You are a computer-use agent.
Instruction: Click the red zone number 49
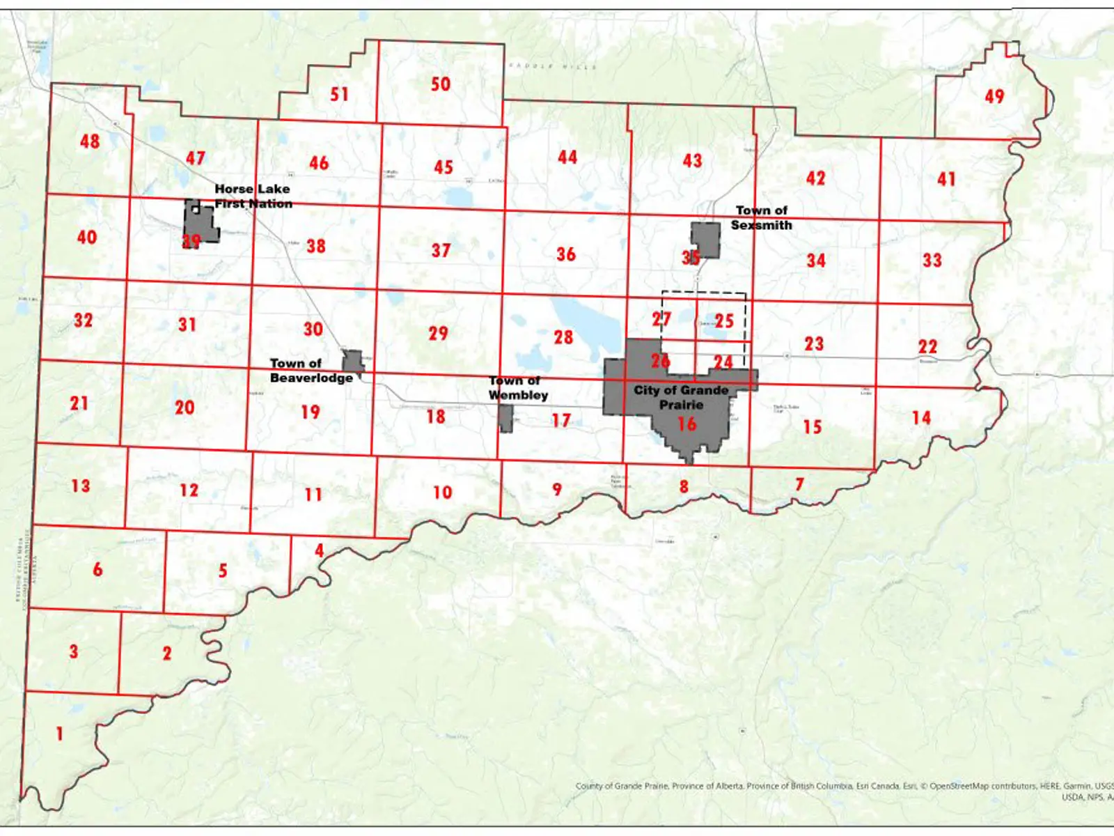click(994, 97)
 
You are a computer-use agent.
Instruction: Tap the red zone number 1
click(60, 733)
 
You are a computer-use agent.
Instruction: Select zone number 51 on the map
click(339, 94)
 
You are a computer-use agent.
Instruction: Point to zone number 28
click(563, 337)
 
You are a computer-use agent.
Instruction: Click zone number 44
click(567, 157)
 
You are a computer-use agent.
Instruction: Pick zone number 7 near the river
click(799, 483)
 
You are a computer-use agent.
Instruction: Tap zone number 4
click(319, 550)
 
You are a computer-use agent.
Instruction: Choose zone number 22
click(927, 346)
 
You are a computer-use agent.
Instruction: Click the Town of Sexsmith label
click(761, 217)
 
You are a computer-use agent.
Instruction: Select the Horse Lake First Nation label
click(253, 196)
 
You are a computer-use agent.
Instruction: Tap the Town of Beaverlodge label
click(311, 371)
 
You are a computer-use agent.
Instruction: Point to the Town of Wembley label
click(518, 388)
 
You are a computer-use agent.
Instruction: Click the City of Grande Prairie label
click(681, 397)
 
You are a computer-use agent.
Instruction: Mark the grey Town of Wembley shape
click(505, 417)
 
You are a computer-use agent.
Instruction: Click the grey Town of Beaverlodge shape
click(353, 362)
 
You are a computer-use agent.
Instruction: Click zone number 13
click(81, 486)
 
